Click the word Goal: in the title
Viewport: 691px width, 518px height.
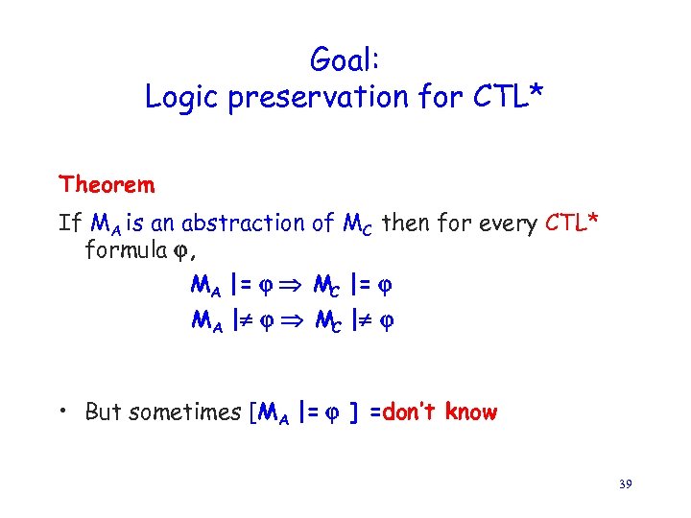coord(345,60)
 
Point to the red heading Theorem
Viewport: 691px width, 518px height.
coord(107,183)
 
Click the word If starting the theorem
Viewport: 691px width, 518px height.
coord(70,224)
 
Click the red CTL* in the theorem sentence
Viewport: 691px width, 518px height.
coord(572,224)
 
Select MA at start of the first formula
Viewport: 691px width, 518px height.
coord(206,286)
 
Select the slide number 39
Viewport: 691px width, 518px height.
coord(624,486)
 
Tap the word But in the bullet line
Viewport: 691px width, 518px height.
coord(104,412)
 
